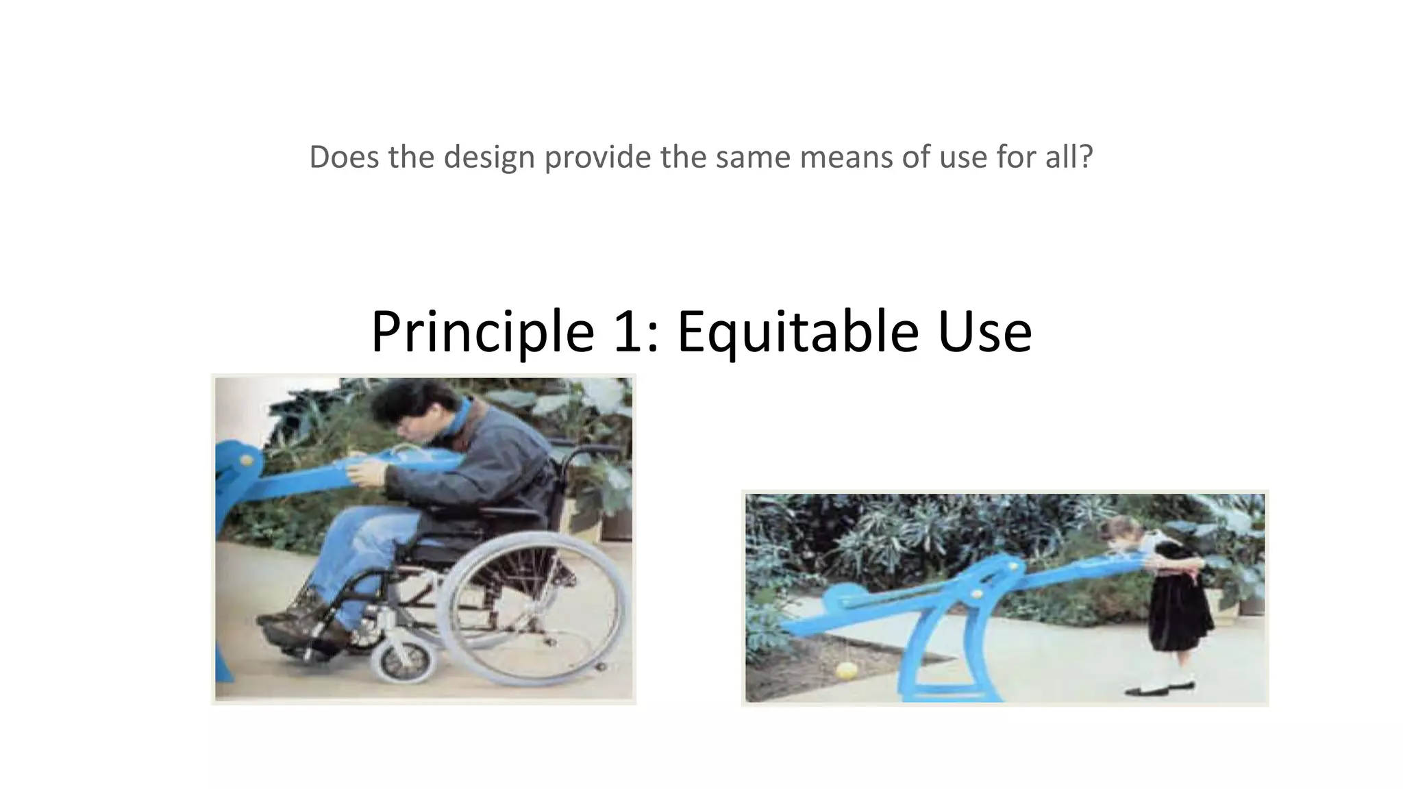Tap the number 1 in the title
point(629,331)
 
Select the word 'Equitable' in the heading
point(797,331)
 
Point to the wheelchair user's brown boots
point(301,620)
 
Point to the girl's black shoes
point(1158,688)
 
